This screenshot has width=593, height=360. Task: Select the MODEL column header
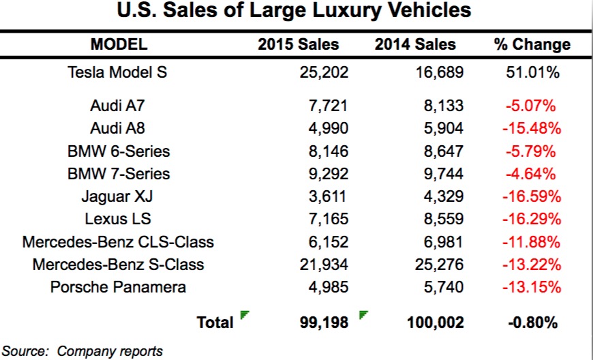[119, 45]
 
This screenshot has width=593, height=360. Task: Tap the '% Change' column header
[532, 45]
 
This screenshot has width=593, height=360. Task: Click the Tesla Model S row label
[117, 72]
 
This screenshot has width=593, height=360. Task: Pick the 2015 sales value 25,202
[324, 72]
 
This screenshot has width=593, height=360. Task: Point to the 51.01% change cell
[532, 72]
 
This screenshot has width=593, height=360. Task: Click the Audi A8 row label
[117, 128]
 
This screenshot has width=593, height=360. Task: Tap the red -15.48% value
[532, 128]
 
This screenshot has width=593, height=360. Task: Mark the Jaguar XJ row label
[117, 196]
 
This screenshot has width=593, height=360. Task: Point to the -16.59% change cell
[532, 196]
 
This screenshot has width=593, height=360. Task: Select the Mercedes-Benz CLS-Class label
[118, 241]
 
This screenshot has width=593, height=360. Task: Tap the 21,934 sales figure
[324, 264]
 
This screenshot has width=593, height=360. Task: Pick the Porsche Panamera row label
[118, 286]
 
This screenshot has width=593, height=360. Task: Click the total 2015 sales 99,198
[324, 322]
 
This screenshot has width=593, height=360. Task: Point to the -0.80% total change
[532, 322]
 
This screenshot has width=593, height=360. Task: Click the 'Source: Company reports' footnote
[82, 351]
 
